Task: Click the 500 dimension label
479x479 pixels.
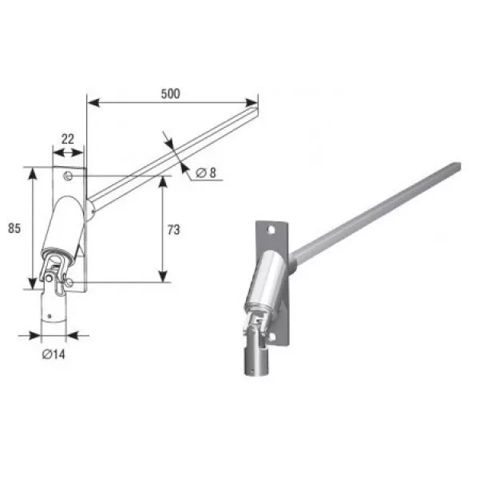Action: pyautogui.click(x=171, y=93)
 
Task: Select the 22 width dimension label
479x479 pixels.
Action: pyautogui.click(x=68, y=139)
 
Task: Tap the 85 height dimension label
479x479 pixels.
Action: pyautogui.click(x=14, y=228)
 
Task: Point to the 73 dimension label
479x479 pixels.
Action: pyautogui.click(x=173, y=230)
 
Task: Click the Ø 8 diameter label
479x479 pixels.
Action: pyautogui.click(x=206, y=173)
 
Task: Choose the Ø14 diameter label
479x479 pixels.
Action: pyautogui.click(x=53, y=354)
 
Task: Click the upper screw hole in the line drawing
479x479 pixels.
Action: pyautogui.click(x=68, y=176)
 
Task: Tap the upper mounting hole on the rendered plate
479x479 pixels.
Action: pyautogui.click(x=271, y=230)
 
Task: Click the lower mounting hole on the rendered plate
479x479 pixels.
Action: pyautogui.click(x=272, y=337)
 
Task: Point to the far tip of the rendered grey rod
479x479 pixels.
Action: pyautogui.click(x=459, y=166)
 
